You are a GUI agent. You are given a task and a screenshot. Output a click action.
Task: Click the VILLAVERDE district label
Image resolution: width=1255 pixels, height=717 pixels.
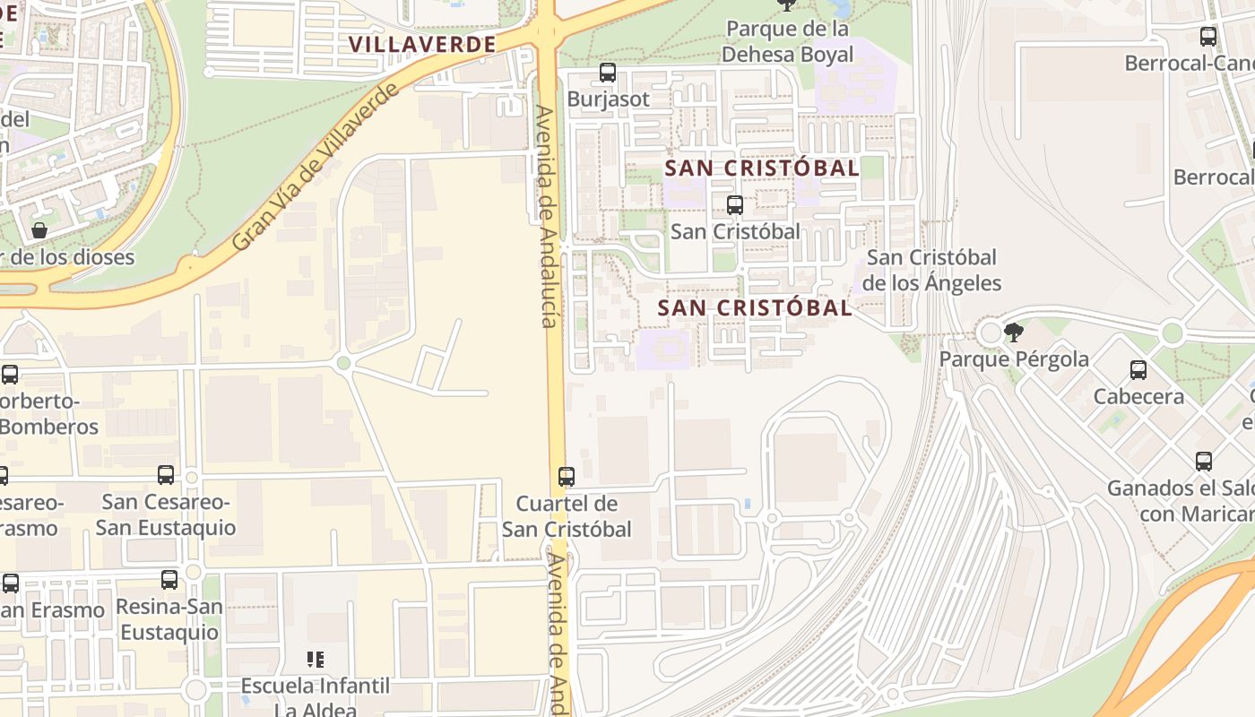[422, 44]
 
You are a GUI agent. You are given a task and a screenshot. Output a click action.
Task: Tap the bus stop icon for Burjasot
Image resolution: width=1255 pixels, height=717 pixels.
[608, 73]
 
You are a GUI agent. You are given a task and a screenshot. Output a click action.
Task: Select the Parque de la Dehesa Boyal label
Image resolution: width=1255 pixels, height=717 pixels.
[787, 41]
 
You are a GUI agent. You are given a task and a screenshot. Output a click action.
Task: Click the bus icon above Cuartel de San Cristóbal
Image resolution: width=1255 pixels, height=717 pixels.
[567, 477]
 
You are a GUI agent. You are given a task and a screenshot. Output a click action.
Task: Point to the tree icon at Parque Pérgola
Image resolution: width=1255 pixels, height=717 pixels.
[1014, 333]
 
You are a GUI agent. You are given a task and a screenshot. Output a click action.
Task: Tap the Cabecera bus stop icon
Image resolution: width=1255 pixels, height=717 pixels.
[1138, 370]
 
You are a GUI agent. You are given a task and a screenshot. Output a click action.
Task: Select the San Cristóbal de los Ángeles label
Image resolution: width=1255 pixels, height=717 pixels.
[931, 271]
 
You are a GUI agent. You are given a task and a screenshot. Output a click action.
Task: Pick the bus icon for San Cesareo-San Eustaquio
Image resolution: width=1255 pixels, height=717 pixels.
[166, 475]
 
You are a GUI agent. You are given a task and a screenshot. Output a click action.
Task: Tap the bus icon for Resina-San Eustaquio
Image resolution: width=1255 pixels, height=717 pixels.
[169, 580]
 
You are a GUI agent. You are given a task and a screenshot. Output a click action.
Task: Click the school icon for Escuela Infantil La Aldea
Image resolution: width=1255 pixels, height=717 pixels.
[316, 660]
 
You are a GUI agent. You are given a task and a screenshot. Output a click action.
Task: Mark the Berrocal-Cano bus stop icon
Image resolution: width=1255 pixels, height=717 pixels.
[1208, 37]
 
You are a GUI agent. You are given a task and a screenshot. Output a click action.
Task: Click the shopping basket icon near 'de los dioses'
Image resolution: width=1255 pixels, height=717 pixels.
[39, 230]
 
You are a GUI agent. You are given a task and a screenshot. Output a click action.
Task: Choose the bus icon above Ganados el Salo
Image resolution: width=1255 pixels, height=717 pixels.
[1204, 462]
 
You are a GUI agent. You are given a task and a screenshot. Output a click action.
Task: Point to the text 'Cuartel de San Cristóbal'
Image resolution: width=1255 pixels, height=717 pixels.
[567, 516]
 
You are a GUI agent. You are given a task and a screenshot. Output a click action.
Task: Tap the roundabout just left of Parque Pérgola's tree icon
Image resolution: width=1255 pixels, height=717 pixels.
[991, 333]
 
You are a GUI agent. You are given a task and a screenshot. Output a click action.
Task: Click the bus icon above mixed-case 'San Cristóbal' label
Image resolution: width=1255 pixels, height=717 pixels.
[735, 205]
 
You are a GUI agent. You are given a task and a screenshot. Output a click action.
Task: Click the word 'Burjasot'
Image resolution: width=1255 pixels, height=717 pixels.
[608, 99]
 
